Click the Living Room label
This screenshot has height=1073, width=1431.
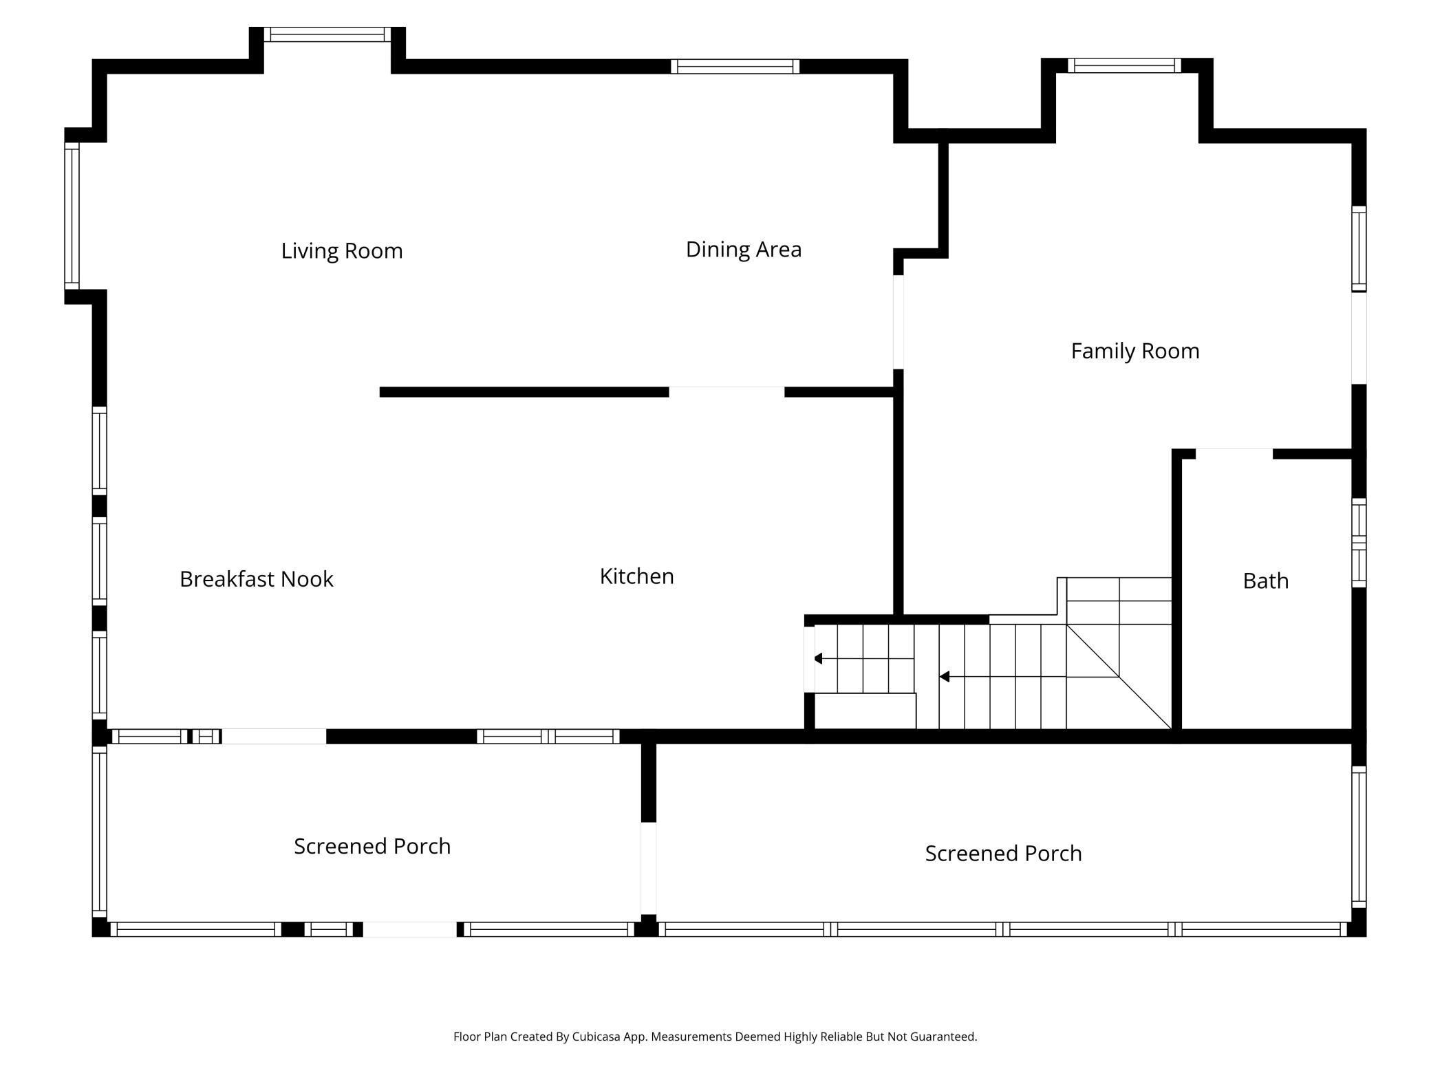pos(342,250)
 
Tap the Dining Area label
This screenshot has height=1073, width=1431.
pos(744,249)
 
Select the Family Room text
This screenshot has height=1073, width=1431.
pos(1135,351)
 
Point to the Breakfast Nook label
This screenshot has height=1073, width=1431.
pos(257,579)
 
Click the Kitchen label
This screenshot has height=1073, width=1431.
pos(637,576)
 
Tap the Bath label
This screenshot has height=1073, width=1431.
pos(1266,581)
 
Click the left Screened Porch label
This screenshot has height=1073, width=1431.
pos(372,846)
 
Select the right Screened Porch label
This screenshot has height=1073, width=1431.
pos(1004,854)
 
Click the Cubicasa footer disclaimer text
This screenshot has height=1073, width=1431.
pos(715,1037)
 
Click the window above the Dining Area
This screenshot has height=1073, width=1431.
pos(735,67)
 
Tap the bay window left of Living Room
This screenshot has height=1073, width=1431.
pos(72,216)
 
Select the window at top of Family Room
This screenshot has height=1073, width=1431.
pos(1124,65)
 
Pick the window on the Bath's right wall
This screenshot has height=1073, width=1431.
pos(1359,543)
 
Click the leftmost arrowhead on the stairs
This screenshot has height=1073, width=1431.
pos(818,659)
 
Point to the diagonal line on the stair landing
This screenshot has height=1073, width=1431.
pos(1119,677)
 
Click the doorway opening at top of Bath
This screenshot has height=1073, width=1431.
pos(1234,454)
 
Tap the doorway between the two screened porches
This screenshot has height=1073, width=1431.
pos(649,868)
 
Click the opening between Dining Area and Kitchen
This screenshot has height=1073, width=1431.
pos(727,392)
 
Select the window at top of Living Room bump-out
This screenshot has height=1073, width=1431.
pos(327,34)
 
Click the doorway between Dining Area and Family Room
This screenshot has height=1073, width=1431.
pos(899,322)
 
